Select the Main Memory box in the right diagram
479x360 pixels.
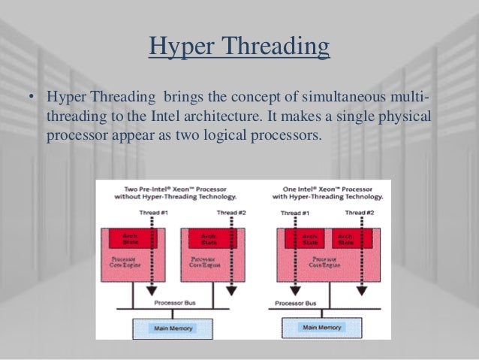(x=321, y=328)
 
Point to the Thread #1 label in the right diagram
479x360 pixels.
(x=295, y=213)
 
